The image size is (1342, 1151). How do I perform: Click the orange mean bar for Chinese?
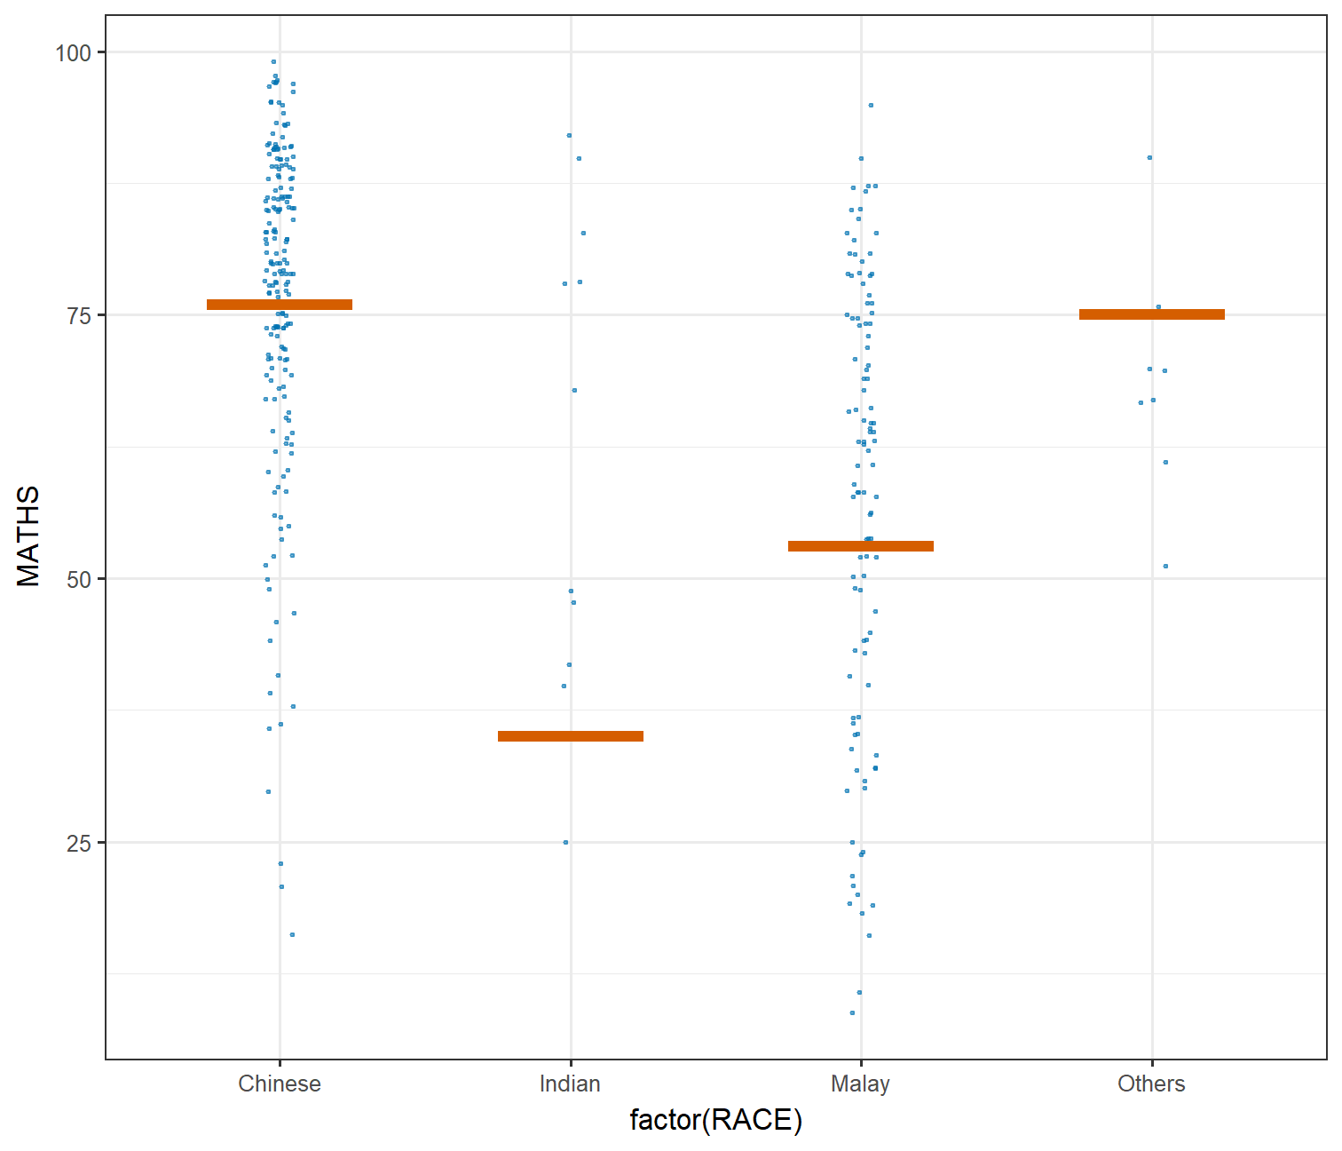(280, 305)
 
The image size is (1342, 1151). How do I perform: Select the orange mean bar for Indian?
(571, 736)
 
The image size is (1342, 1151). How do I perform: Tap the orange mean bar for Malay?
(861, 546)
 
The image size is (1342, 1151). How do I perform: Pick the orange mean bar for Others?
(1152, 314)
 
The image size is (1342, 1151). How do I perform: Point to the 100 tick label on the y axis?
(73, 52)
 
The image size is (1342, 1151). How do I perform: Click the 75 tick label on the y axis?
(79, 316)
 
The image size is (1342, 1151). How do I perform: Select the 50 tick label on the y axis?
(79, 579)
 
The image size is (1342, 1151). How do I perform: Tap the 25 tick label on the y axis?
(79, 843)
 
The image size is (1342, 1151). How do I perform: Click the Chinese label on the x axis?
(280, 1084)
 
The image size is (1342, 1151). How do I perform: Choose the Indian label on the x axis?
(570, 1084)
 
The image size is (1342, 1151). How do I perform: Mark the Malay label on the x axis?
(860, 1084)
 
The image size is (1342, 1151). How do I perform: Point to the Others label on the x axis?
(1151, 1084)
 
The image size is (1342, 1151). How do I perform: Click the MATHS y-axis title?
(28, 536)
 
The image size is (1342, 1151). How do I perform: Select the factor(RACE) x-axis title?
(715, 1120)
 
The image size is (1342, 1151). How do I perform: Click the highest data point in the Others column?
(1149, 157)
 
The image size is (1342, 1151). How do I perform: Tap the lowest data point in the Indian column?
(565, 842)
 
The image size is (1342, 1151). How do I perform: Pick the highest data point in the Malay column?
(871, 105)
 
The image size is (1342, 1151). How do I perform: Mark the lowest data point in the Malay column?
(852, 1012)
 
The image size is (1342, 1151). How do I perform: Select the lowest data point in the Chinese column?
(292, 934)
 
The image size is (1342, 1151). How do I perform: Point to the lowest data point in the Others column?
(1165, 566)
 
